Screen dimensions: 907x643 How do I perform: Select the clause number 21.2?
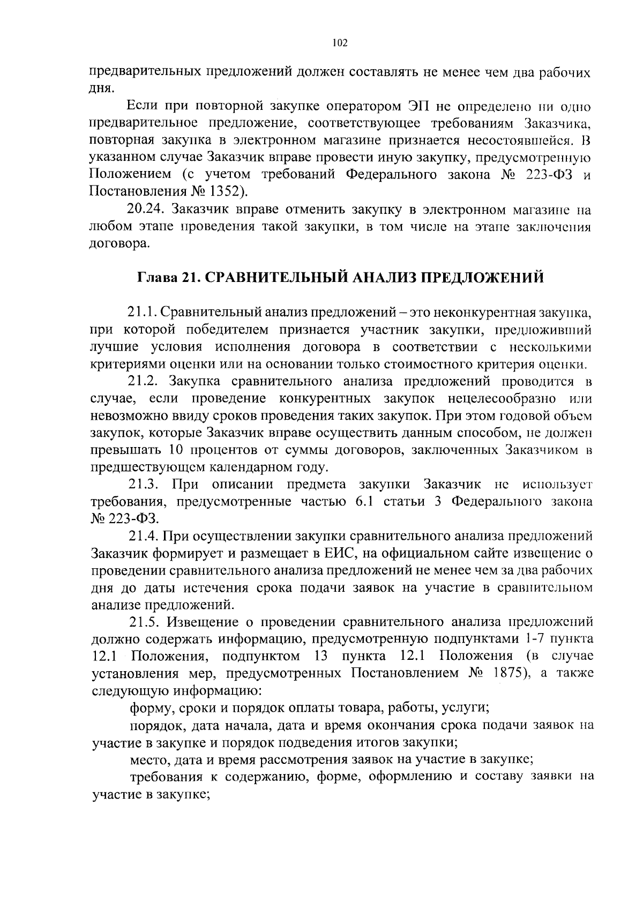pos(145,382)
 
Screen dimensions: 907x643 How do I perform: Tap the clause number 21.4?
pos(144,536)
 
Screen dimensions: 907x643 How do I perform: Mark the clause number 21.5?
pos(145,622)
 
